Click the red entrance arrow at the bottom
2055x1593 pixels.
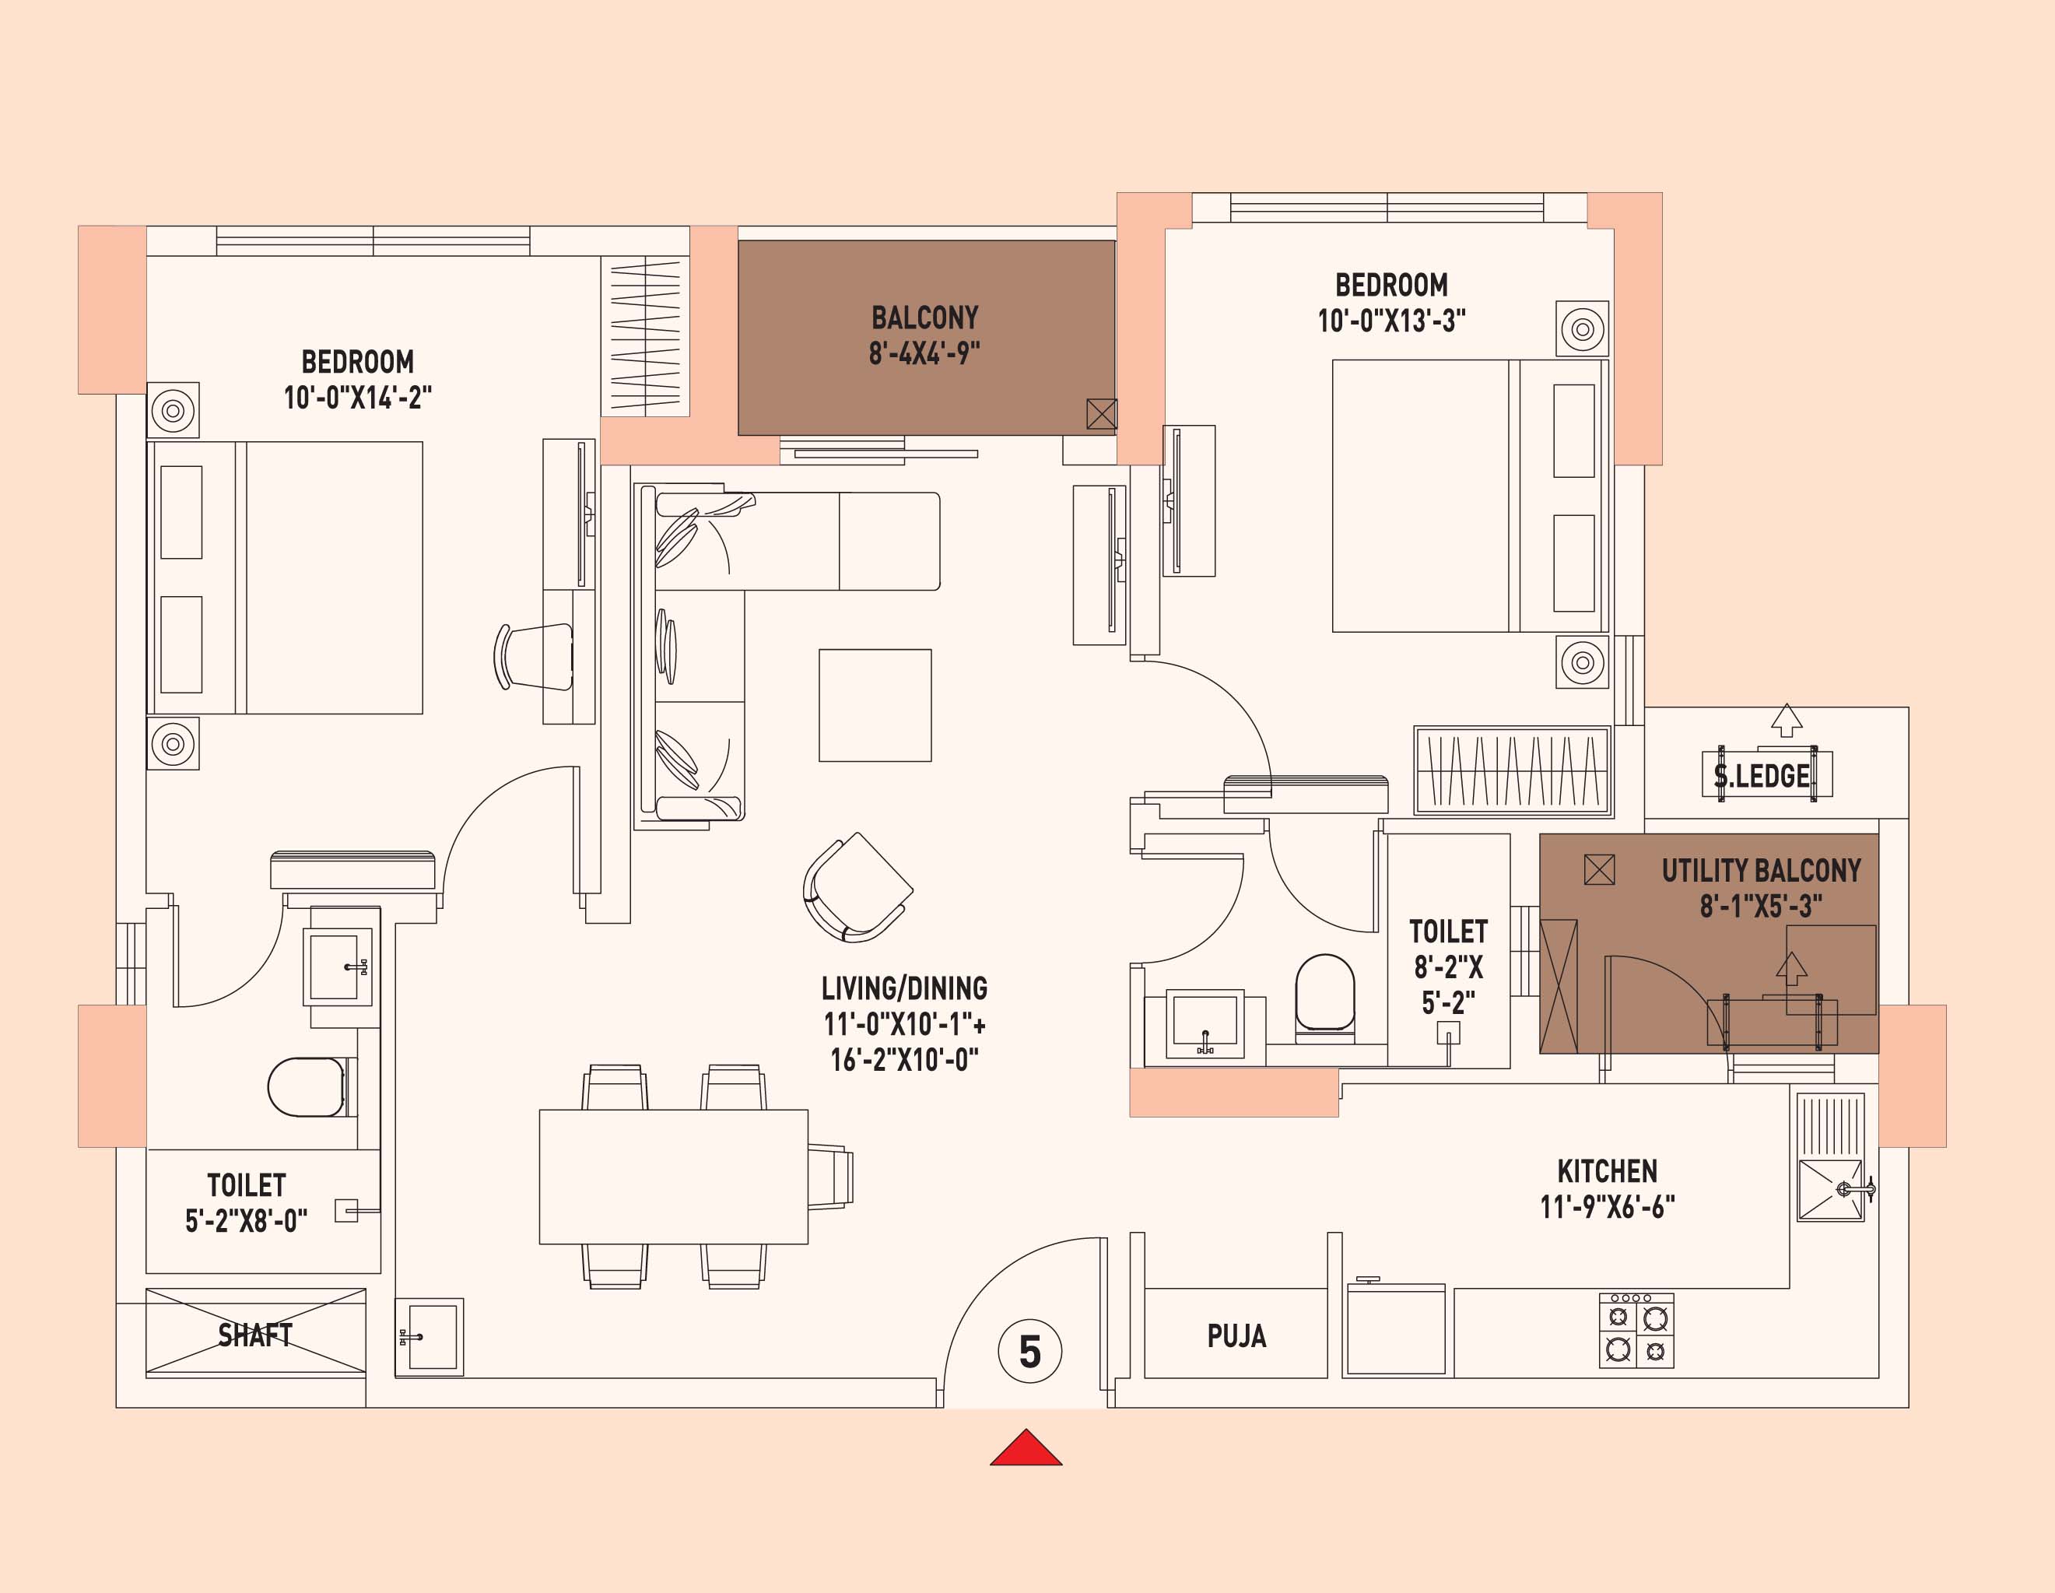[x=1026, y=1450]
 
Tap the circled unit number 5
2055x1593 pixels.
[x=1029, y=1352]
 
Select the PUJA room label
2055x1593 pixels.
[x=1236, y=1336]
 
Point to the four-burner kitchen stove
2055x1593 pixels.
[x=1636, y=1331]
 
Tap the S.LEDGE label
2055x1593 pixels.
[x=1762, y=777]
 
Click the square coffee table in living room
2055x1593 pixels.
[x=875, y=705]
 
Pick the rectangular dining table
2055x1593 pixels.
[x=673, y=1176]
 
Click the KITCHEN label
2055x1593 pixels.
[x=1607, y=1171]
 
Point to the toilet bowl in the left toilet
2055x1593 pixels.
[x=307, y=1087]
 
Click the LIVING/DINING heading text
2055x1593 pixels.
[x=904, y=988]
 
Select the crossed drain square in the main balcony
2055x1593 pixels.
[x=1101, y=413]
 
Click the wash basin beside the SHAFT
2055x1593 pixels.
[x=429, y=1336]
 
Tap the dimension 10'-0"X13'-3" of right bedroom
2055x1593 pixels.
[x=1390, y=321]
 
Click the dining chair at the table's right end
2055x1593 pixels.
[x=831, y=1176]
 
